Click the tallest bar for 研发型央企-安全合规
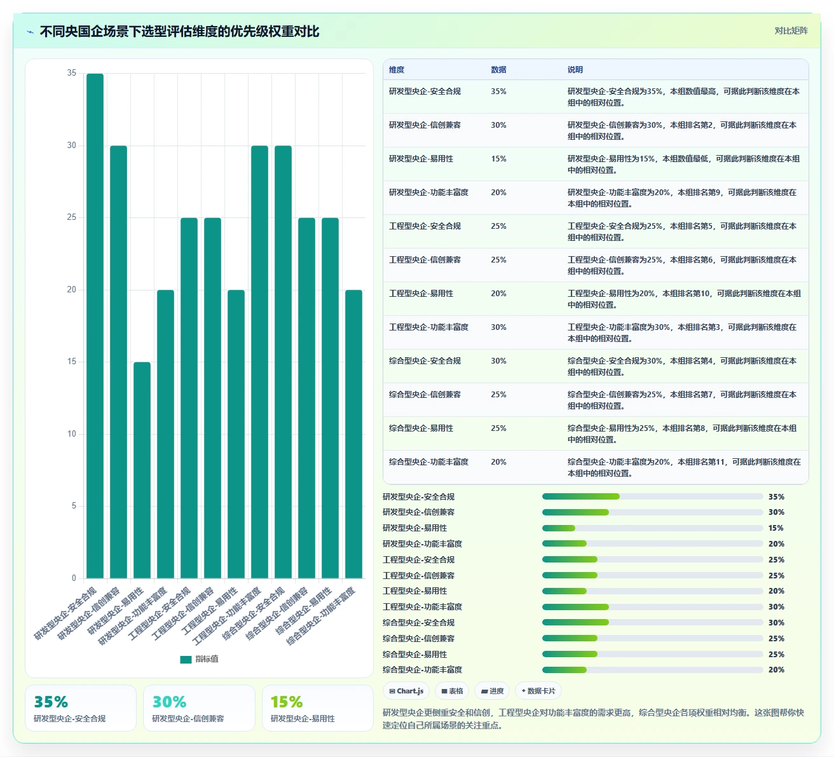95,325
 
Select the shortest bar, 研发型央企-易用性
142,470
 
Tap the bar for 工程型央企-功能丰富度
259,362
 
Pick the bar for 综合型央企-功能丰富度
353,433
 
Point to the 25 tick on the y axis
71,217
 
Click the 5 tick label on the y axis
74,505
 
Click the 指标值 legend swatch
186,659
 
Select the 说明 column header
575,69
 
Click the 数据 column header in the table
498,69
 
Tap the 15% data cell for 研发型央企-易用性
498,159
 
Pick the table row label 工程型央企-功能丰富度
428,327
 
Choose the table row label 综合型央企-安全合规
425,361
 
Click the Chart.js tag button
406,690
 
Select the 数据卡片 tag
538,690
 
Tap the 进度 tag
492,690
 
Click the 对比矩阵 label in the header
791,31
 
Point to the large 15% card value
287,702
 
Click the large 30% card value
169,702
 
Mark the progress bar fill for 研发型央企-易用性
558,528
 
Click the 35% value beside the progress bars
776,497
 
